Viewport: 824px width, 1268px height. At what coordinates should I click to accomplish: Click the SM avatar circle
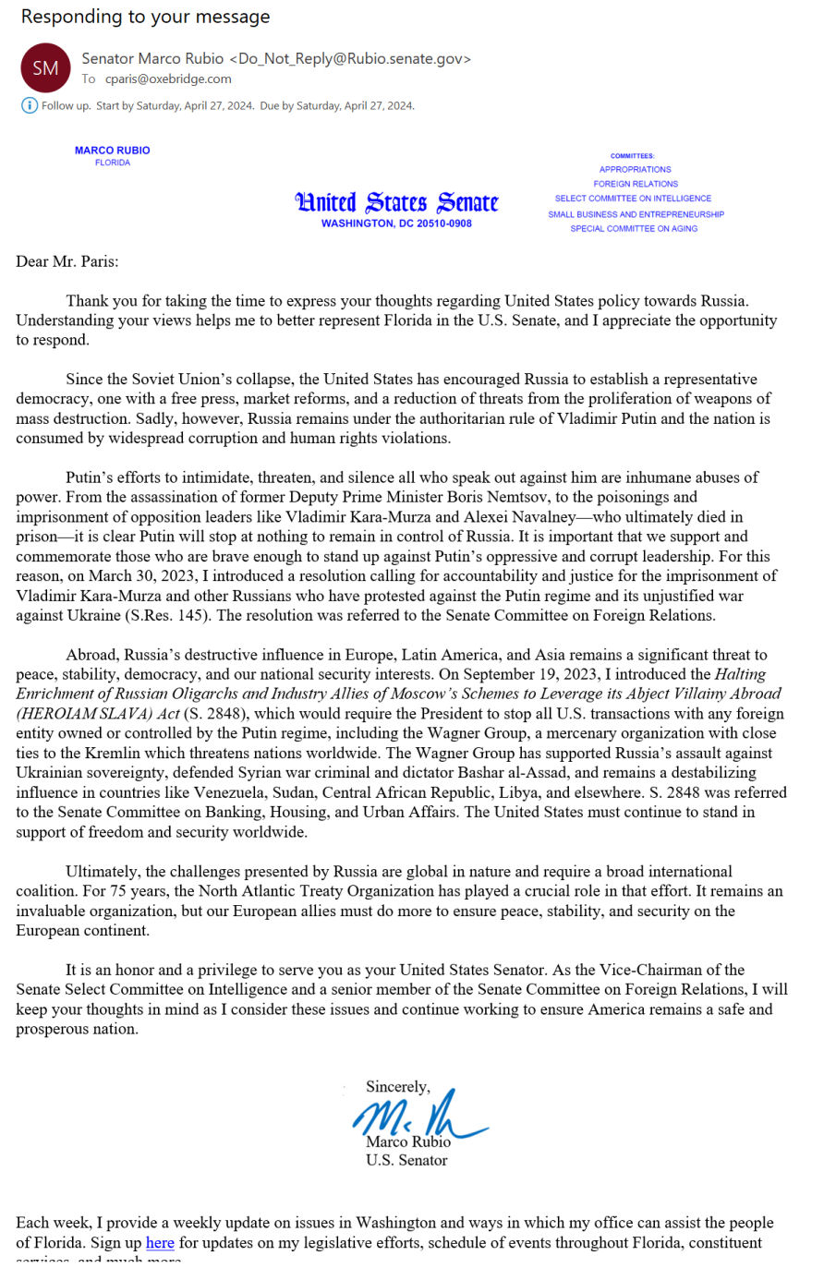(x=45, y=67)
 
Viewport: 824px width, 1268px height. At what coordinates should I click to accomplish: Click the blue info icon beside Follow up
(x=29, y=105)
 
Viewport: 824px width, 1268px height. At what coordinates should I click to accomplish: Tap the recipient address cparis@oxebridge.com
(x=168, y=79)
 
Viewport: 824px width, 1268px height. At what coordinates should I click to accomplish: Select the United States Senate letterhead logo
(x=396, y=202)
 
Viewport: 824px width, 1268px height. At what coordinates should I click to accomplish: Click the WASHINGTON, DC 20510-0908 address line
(x=396, y=223)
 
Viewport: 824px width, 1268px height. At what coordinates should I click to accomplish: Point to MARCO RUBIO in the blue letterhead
(x=113, y=151)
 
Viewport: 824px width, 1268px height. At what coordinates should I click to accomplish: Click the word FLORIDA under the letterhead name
(x=113, y=163)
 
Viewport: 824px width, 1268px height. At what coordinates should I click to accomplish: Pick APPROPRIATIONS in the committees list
(x=635, y=170)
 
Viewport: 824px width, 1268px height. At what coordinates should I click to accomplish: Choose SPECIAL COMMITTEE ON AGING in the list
(x=634, y=229)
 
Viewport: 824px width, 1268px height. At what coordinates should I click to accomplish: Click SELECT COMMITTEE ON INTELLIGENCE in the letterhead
(x=633, y=199)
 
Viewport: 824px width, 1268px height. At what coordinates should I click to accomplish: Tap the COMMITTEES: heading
(x=633, y=156)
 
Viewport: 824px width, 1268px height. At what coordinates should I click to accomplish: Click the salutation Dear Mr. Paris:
(x=67, y=261)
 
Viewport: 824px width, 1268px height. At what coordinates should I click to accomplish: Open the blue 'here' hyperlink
(x=160, y=1242)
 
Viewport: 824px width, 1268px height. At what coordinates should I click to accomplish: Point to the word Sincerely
(x=397, y=1087)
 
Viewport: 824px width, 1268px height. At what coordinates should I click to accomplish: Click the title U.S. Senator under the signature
(x=406, y=1161)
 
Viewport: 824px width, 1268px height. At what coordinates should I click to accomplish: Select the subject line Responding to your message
(x=146, y=17)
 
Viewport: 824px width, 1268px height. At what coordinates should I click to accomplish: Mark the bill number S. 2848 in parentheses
(x=217, y=714)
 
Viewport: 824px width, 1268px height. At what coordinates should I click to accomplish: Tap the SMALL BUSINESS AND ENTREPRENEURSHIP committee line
(x=636, y=214)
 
